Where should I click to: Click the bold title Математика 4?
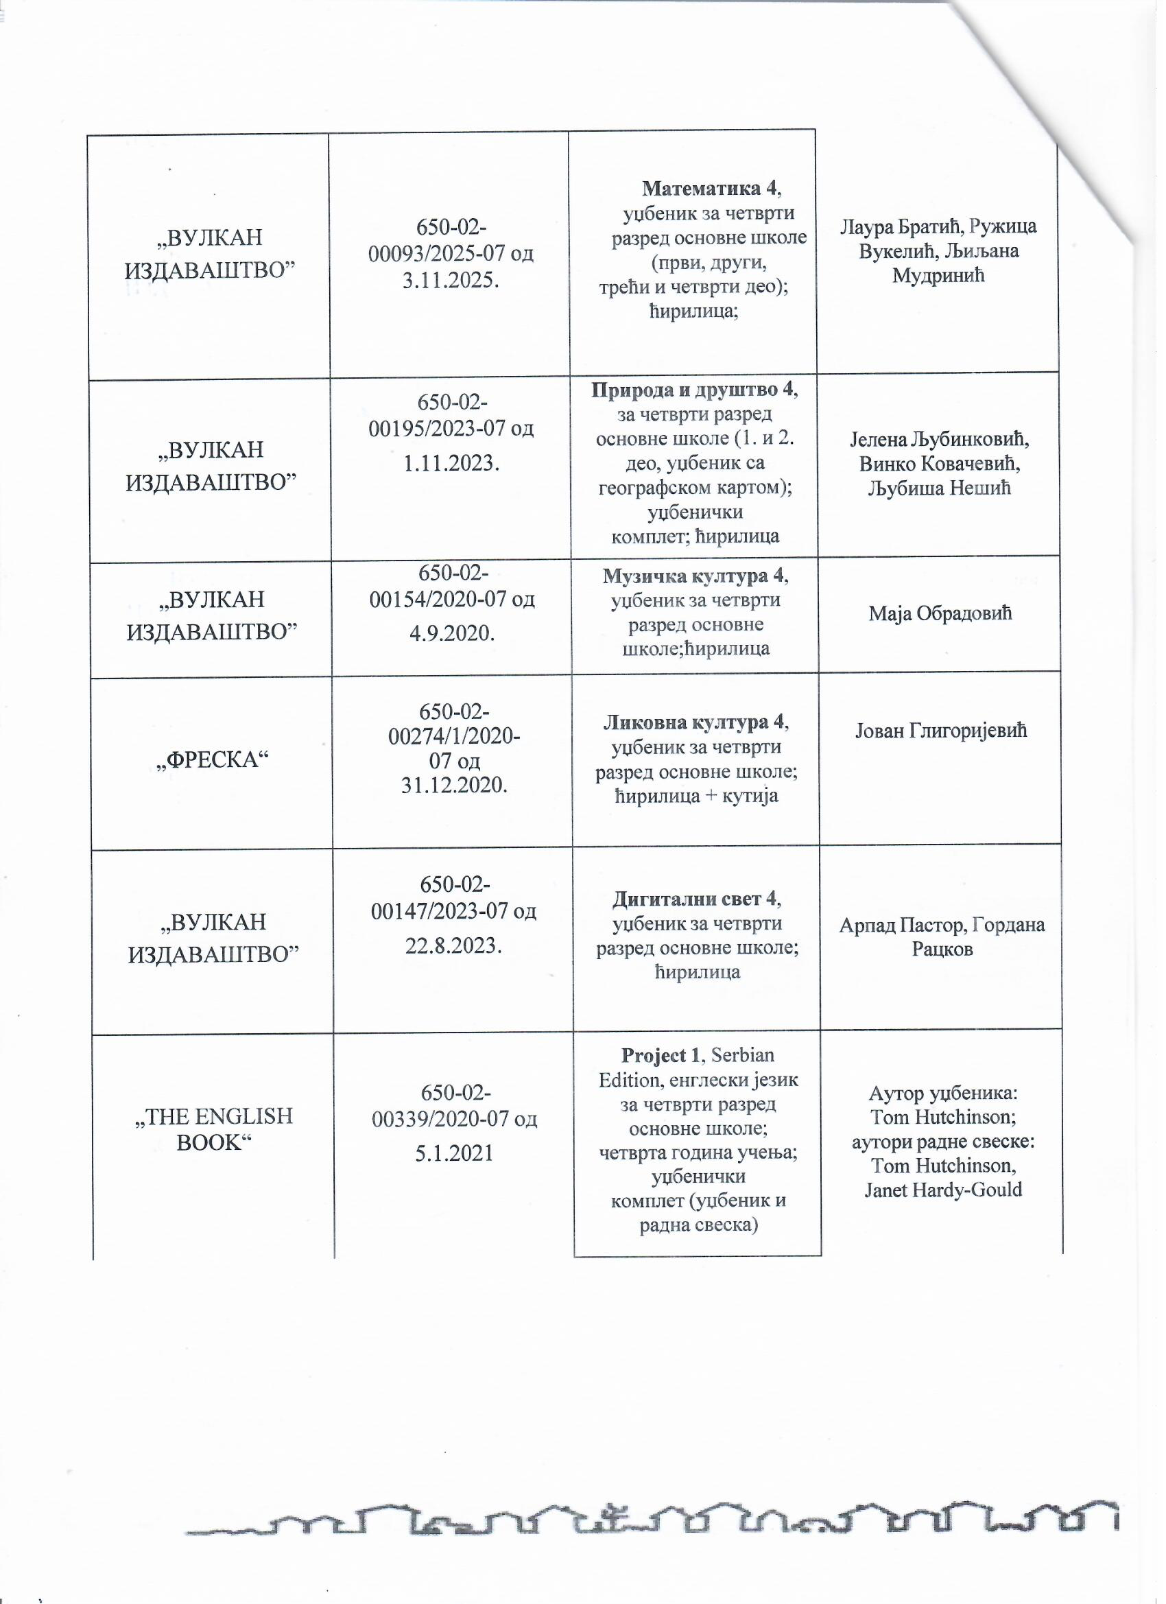click(x=710, y=189)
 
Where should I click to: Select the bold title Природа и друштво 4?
click(x=693, y=390)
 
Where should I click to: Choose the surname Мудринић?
click(x=938, y=275)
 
